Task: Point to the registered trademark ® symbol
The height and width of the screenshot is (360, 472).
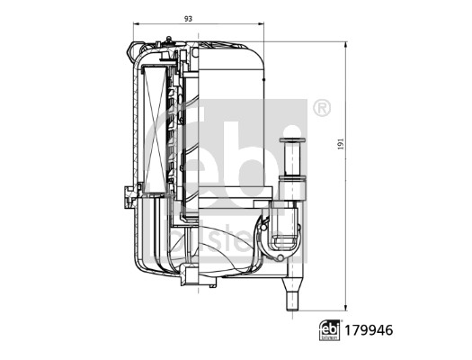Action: (321, 108)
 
